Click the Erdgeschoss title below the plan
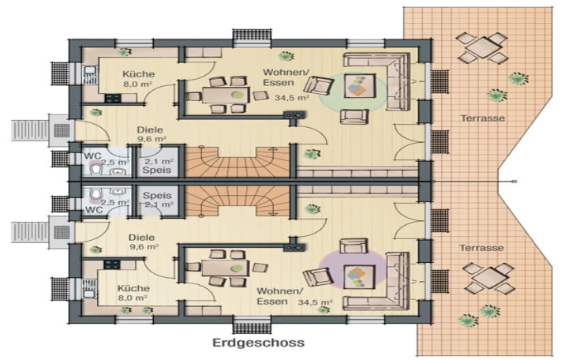pyautogui.click(x=259, y=343)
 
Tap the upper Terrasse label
pyautogui.click(x=483, y=118)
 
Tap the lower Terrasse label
pyautogui.click(x=481, y=248)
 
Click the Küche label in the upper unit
pyautogui.click(x=139, y=74)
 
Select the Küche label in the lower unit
pyautogui.click(x=133, y=288)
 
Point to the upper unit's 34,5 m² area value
pyautogui.click(x=292, y=98)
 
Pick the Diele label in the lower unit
pyautogui.click(x=141, y=238)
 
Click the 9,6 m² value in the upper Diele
pyautogui.click(x=151, y=139)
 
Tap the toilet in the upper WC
pyautogui.click(x=96, y=169)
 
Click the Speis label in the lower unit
pyautogui.click(x=157, y=195)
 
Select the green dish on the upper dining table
pyautogui.click(x=238, y=95)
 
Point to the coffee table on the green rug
pyautogui.click(x=360, y=86)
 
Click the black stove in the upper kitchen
pyautogui.click(x=113, y=98)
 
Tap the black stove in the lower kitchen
pyautogui.click(x=112, y=264)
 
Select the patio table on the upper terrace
pyautogui.click(x=482, y=47)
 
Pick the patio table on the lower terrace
pyautogui.click(x=489, y=278)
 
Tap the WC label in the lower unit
pyautogui.click(x=94, y=210)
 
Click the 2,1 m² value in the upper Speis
pyautogui.click(x=159, y=161)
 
